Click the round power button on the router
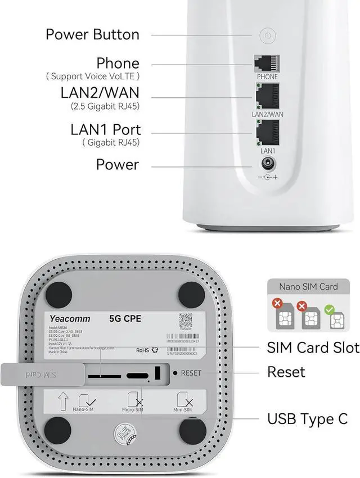click(268, 36)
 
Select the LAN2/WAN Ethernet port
click(267, 97)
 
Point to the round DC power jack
click(267, 165)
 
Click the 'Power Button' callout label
click(92, 34)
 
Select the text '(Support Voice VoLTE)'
click(93, 76)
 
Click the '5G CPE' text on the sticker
click(125, 319)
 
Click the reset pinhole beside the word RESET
click(175, 372)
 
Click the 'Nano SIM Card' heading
click(309, 287)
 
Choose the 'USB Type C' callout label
click(307, 419)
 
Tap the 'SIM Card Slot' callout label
click(313, 348)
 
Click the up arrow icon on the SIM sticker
click(63, 402)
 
